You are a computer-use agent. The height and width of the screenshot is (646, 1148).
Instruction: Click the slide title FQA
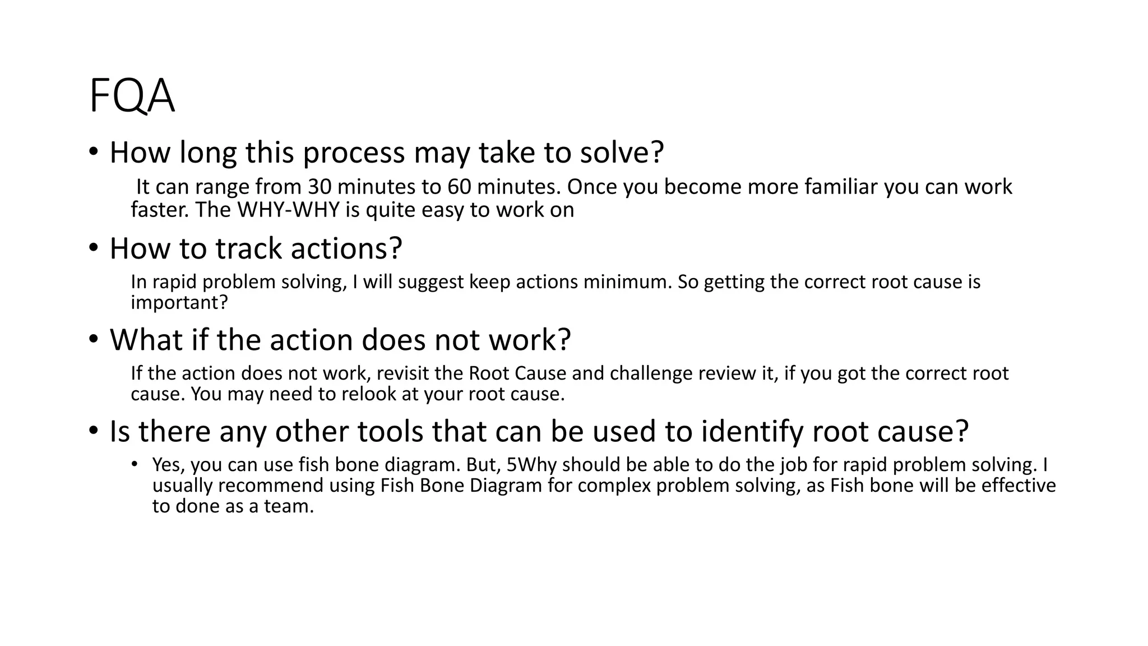(x=132, y=96)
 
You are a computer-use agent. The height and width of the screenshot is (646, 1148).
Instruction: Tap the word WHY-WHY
(x=289, y=210)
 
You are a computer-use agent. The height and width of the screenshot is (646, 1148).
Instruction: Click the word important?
(x=179, y=302)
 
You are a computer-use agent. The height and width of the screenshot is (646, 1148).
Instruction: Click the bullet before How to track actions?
(x=93, y=248)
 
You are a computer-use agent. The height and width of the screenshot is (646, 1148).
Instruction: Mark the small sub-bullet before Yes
(x=135, y=464)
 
